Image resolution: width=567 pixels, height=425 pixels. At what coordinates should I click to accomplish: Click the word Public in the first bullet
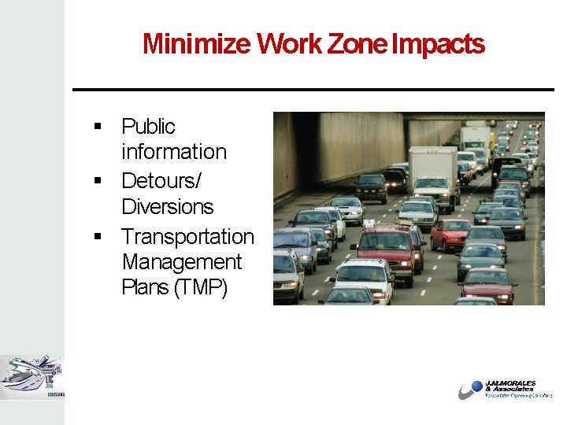pyautogui.click(x=148, y=126)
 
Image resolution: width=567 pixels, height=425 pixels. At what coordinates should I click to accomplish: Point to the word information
pyautogui.click(x=173, y=151)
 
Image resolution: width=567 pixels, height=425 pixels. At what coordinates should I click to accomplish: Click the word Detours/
pyautogui.click(x=161, y=181)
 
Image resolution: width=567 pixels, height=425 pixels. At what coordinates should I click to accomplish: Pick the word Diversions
pyautogui.click(x=167, y=206)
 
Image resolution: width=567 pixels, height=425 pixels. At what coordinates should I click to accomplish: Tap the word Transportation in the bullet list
pyautogui.click(x=187, y=236)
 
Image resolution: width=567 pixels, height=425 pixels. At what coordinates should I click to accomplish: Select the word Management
pyautogui.click(x=181, y=261)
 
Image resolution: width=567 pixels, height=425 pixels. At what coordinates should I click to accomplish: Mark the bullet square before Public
pyautogui.click(x=98, y=127)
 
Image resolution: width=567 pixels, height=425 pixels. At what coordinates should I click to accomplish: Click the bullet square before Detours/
pyautogui.click(x=98, y=182)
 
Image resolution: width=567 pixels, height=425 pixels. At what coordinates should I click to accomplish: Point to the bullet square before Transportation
pyautogui.click(x=98, y=237)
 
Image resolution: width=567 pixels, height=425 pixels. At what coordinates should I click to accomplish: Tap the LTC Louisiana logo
pyautogui.click(x=31, y=376)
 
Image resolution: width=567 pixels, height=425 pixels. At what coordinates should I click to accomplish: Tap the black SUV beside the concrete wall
pyautogui.click(x=371, y=187)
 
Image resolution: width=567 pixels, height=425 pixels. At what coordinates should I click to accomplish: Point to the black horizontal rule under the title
pyautogui.click(x=313, y=90)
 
